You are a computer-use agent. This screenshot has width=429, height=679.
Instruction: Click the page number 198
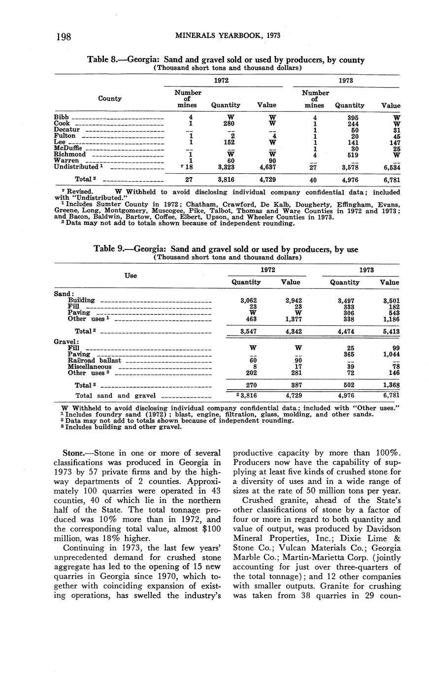tap(64, 36)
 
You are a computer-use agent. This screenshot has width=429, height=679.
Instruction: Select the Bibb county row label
tap(61, 117)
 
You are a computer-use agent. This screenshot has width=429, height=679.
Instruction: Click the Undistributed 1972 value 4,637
tap(266, 167)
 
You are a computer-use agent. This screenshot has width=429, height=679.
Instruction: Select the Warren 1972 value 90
tap(266, 160)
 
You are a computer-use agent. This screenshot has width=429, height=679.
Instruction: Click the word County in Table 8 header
tap(110, 98)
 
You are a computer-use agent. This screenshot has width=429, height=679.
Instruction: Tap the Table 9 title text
tap(226, 249)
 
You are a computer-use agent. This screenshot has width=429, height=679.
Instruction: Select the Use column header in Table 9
tap(131, 276)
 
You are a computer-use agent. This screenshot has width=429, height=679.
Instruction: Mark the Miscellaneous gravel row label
tap(90, 367)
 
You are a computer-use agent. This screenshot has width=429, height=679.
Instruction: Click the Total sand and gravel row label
tap(115, 395)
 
